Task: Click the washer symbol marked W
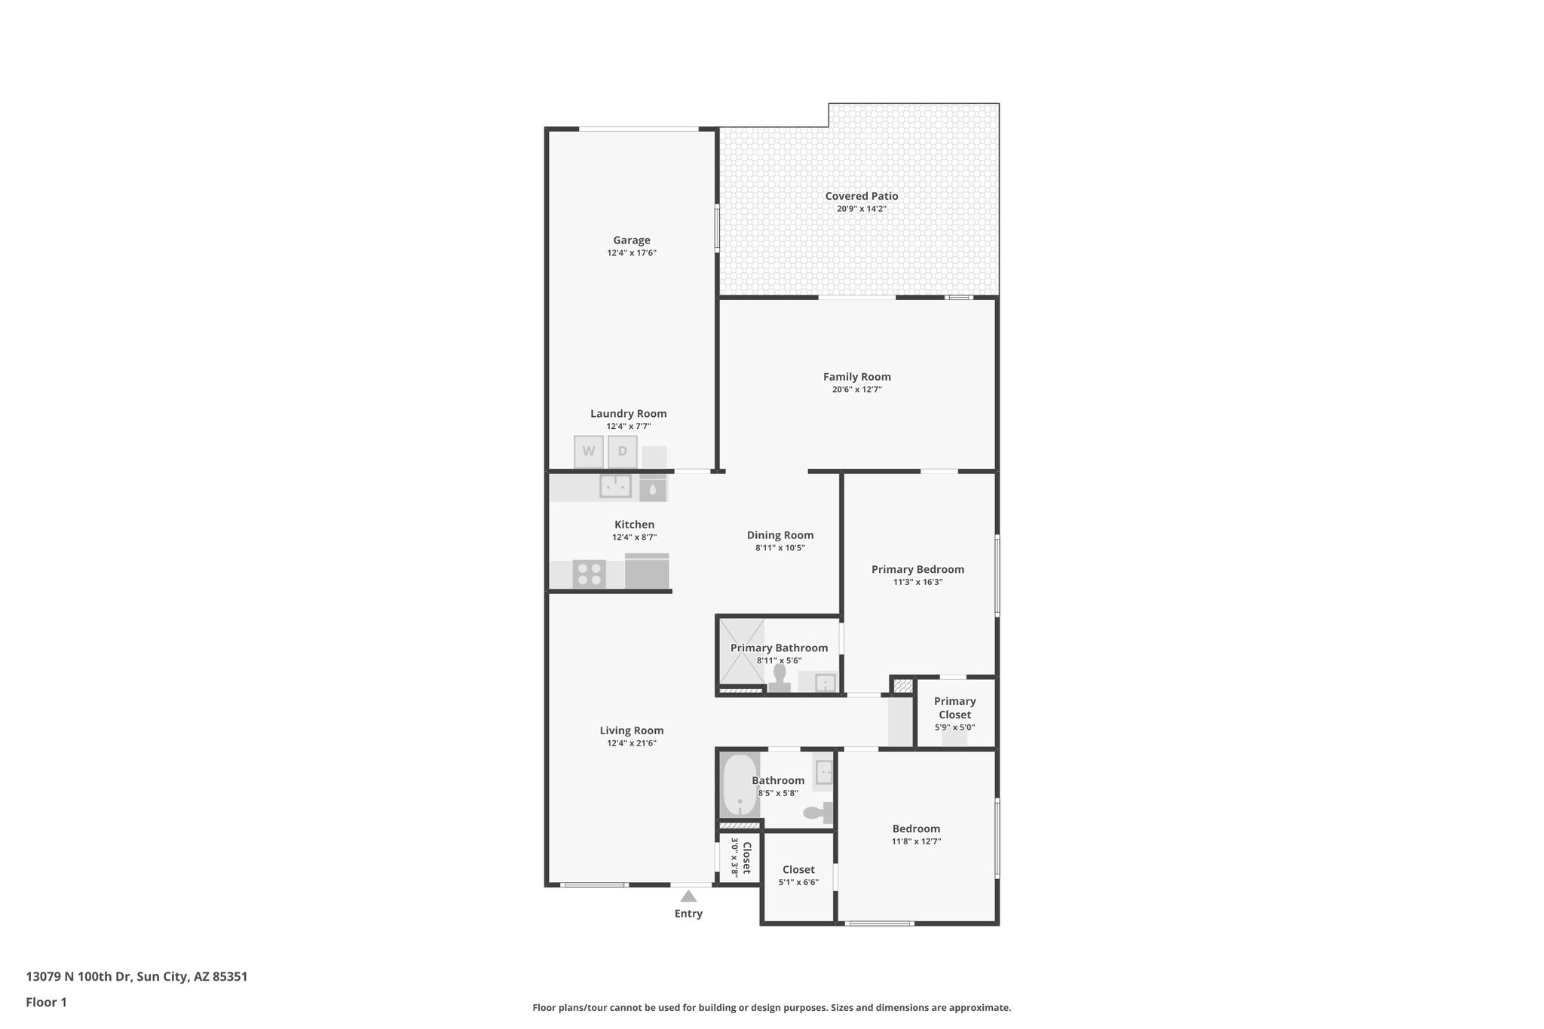coord(589,452)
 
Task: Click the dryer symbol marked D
coord(623,452)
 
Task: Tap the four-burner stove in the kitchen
coord(589,574)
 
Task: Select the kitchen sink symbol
coord(615,486)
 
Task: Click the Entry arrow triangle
coord(688,896)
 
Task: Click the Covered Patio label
coord(862,196)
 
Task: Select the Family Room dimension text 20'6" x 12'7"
coord(856,390)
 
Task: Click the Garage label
coord(632,240)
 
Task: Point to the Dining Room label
coord(780,535)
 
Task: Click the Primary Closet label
coord(954,708)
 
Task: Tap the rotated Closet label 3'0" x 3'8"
coord(741,858)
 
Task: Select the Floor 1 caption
coord(46,1002)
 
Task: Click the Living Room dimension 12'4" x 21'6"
coord(632,743)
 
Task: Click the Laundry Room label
coord(628,413)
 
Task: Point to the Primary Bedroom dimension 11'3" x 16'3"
coord(918,582)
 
